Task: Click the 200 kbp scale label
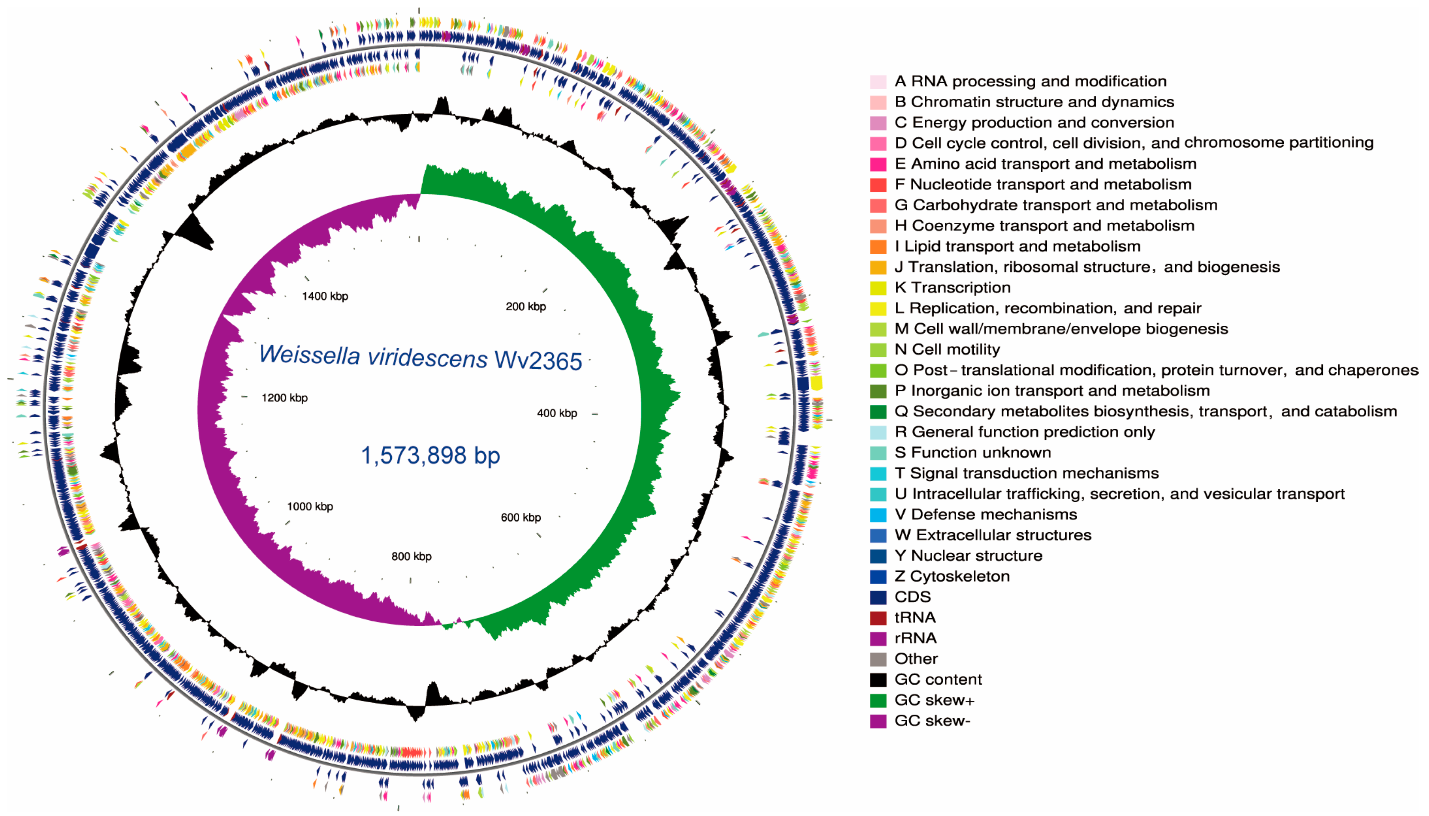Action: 525,306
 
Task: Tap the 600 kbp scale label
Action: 520,517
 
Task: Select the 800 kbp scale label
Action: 411,556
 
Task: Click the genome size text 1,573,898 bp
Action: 430,455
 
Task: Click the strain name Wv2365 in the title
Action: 538,361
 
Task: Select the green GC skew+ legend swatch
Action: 878,701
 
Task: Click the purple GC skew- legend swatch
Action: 878,721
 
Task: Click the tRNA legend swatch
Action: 878,618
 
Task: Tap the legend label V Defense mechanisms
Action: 985,515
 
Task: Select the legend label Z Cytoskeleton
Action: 951,576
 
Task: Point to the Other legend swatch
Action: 878,659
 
